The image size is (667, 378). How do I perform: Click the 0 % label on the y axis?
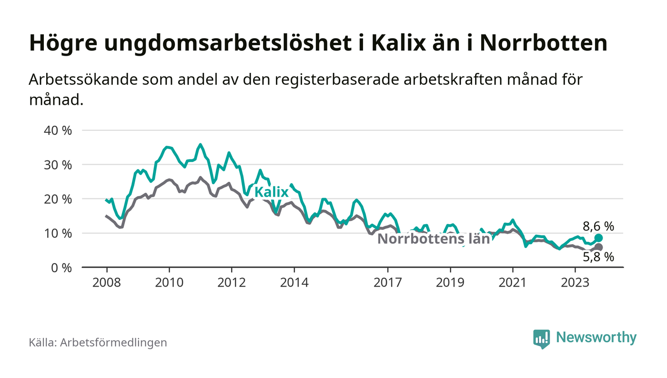point(62,268)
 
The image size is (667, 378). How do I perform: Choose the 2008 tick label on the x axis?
point(106,282)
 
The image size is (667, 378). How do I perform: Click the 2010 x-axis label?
point(169,282)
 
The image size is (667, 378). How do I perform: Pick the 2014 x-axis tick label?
point(294,282)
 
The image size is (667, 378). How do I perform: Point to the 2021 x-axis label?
point(513,282)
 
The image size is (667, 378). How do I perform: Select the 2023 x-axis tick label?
point(575,282)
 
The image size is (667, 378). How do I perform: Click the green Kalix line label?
point(272,192)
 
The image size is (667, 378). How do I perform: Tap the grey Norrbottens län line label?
point(434,239)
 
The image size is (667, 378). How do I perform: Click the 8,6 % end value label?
point(598,227)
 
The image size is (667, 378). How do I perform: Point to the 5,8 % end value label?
point(598,258)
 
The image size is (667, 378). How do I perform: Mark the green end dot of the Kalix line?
point(599,238)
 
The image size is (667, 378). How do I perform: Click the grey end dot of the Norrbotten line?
point(599,247)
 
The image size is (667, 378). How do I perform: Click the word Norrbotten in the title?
point(543,43)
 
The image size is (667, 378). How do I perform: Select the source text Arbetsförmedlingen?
point(113,342)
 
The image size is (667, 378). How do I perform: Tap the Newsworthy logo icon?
point(541,338)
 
